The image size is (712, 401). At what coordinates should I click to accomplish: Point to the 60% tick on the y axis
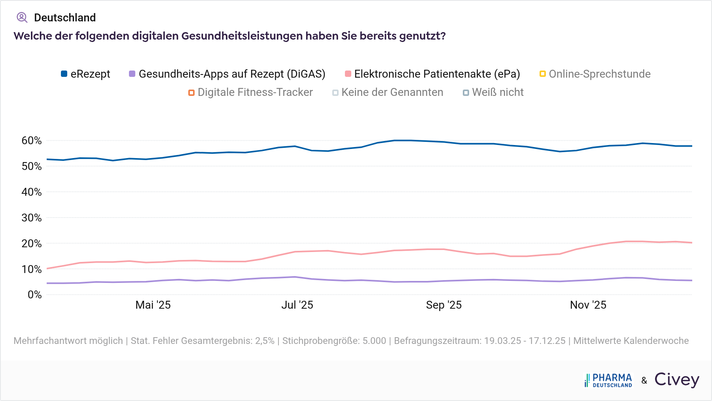[32, 141]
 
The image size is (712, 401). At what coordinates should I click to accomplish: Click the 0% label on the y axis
[34, 295]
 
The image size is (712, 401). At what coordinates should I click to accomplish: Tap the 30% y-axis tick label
[32, 218]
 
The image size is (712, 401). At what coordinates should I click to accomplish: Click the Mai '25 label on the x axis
[153, 305]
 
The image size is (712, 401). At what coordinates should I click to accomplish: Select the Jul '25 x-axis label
[297, 305]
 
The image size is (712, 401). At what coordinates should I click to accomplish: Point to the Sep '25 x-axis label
[444, 305]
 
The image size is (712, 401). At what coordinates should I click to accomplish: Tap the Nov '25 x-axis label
[588, 305]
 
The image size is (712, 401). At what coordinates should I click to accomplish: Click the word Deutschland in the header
[65, 18]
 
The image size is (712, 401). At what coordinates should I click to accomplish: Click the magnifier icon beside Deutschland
[22, 17]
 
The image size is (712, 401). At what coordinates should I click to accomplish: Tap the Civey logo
[677, 380]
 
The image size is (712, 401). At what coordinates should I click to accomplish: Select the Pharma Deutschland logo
[608, 380]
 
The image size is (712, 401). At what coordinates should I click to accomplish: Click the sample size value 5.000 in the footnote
[374, 341]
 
